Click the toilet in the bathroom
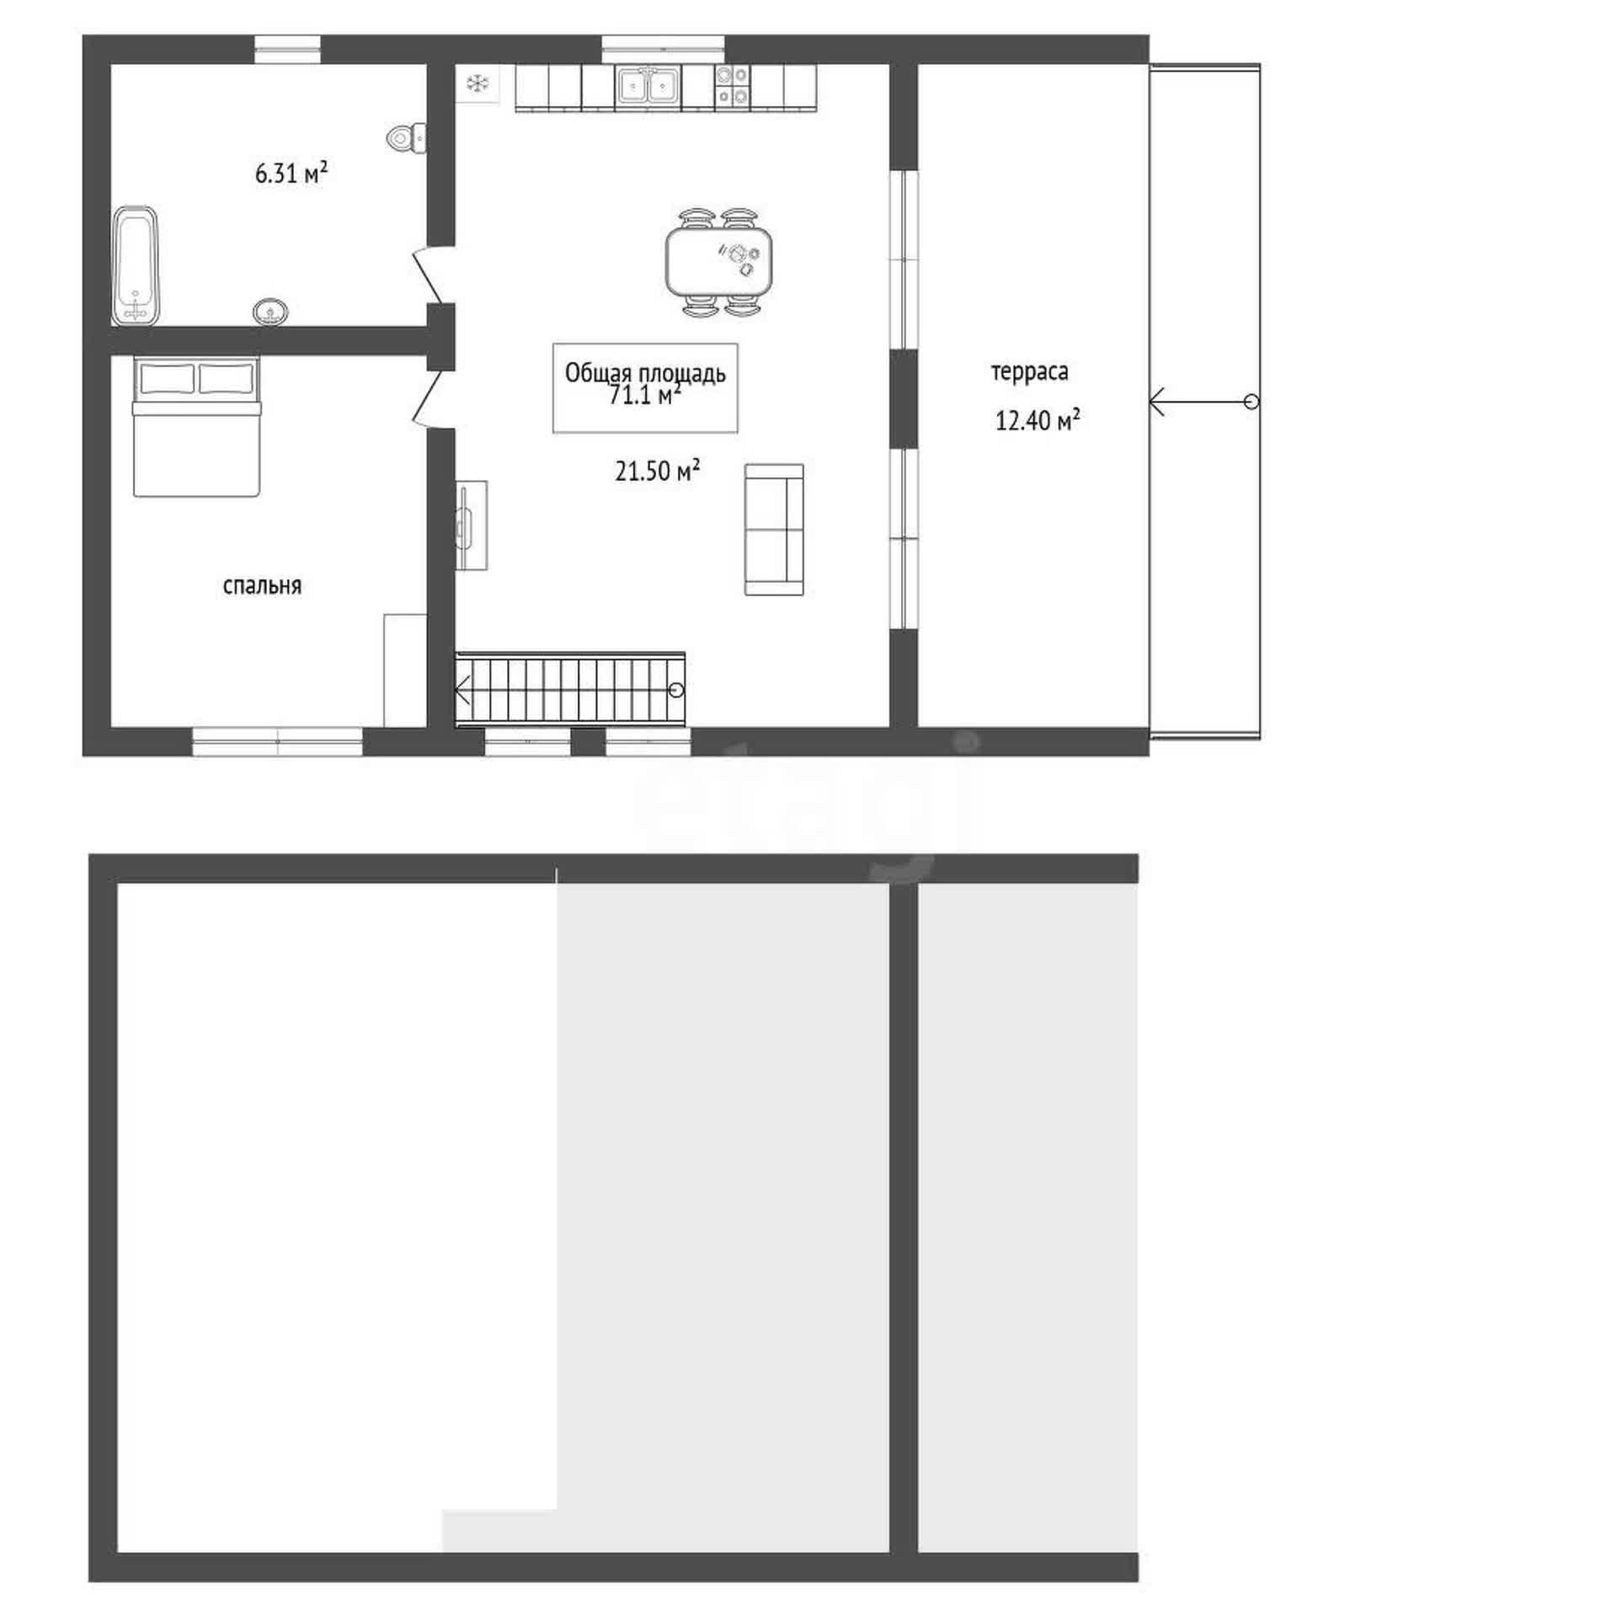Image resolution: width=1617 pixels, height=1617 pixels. pos(408,138)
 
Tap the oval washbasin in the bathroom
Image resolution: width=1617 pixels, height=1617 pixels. pos(270,312)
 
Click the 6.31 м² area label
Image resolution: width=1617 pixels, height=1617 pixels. pos(291,173)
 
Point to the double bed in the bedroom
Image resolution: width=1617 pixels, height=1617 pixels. pos(196,426)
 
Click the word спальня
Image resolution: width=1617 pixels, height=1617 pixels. pos(262,586)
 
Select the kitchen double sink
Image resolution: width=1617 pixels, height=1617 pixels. pos(647,86)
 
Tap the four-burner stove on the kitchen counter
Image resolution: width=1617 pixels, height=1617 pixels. pos(732,87)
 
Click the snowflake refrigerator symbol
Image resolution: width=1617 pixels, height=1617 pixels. pos(478,83)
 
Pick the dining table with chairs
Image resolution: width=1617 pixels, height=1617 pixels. pos(719,262)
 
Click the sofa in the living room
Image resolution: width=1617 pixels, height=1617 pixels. pos(774,530)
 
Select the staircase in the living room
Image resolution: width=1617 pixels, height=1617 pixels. pos(570,690)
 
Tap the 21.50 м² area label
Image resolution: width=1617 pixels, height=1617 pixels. pos(657,471)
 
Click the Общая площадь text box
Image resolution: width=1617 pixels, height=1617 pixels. pos(645,387)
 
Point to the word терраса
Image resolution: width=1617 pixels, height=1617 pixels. pos(1029,371)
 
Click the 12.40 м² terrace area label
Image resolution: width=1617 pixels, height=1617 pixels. pos(1038,419)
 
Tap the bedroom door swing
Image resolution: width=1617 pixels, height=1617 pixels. pos(431,398)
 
